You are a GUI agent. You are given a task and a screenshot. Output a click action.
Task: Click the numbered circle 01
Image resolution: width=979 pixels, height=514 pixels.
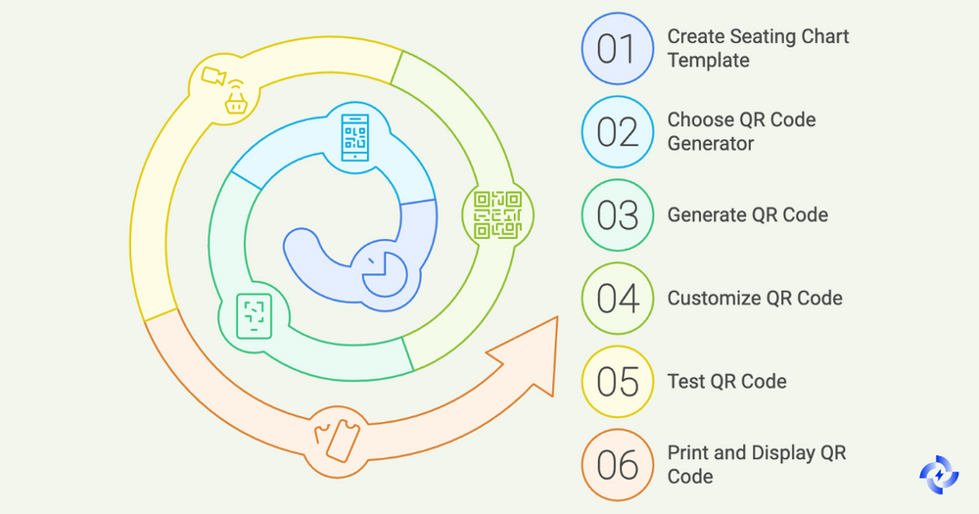coord(617,48)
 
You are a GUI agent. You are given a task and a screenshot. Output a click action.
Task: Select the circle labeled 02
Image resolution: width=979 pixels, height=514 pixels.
coord(617,131)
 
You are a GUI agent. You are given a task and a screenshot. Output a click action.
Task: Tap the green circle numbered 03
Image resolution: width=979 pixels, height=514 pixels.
coord(617,214)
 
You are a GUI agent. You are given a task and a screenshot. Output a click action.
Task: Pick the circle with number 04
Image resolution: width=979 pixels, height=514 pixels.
coord(617,298)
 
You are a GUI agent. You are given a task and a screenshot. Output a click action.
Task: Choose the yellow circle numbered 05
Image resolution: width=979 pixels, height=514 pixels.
coord(617,381)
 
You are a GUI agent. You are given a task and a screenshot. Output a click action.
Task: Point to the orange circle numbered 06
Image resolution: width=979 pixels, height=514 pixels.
coord(617,464)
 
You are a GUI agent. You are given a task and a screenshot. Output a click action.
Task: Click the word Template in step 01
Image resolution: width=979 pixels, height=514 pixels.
coord(708,60)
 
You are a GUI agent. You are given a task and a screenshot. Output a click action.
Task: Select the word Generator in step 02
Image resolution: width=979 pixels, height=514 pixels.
coord(711,144)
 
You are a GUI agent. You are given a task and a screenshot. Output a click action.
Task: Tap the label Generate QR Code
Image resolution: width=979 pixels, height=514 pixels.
coord(747,214)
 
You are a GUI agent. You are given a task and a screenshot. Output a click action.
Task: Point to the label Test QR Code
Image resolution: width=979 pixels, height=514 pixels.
coord(726,381)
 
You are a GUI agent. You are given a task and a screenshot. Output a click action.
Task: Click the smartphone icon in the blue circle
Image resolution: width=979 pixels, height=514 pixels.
coord(353,138)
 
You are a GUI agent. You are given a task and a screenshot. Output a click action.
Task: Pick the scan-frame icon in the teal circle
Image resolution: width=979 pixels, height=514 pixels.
coord(255,315)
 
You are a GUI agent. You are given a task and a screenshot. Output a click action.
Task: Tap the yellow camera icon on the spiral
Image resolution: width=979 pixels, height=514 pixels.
coord(220,87)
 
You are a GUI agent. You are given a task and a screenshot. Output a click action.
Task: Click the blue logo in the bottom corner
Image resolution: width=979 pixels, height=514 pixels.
coord(941,476)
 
